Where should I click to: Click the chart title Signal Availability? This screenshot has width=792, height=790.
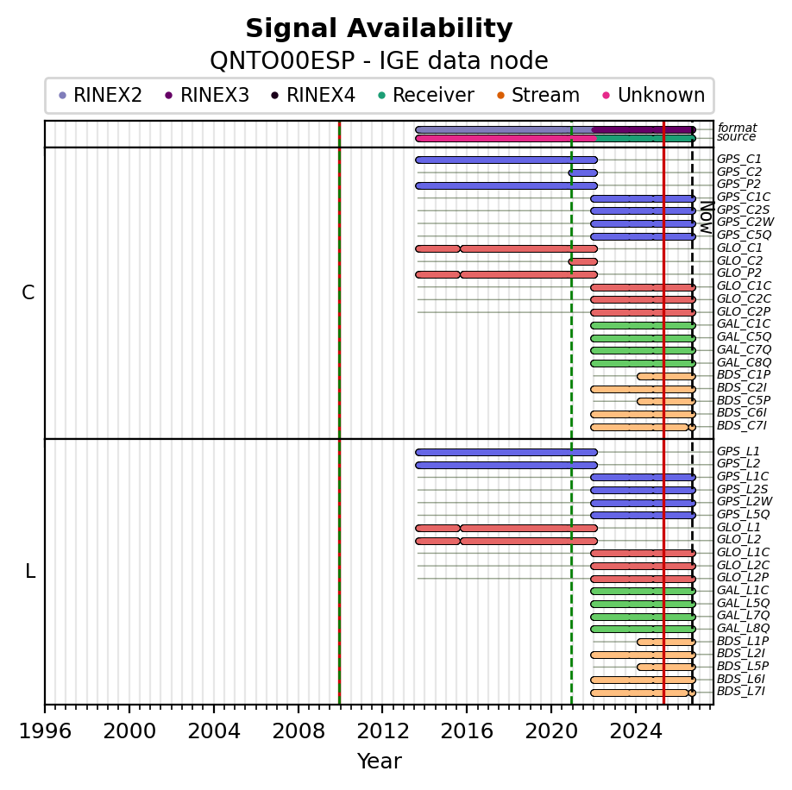379,28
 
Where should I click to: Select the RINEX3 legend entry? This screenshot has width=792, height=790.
207,95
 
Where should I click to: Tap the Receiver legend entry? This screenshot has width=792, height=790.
426,95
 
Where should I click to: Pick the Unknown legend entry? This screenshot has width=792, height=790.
654,95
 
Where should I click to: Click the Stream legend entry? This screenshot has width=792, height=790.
538,95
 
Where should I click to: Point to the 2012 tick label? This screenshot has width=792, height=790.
382,730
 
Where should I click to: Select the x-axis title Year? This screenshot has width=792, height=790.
379,762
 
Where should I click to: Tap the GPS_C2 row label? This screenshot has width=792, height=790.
739,172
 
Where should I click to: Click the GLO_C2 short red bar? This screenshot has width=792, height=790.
583,261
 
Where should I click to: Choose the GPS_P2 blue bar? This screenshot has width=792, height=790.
506,185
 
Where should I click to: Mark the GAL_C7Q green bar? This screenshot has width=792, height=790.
643,350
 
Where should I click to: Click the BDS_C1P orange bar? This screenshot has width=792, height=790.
666,376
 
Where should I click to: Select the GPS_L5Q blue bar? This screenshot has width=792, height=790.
643,516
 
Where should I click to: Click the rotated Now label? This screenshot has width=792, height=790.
707,217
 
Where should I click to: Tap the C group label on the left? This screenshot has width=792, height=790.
28,292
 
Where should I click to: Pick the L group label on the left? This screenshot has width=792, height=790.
30,572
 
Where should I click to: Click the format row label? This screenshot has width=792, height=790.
737,128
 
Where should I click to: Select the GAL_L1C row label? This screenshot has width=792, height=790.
743,590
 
